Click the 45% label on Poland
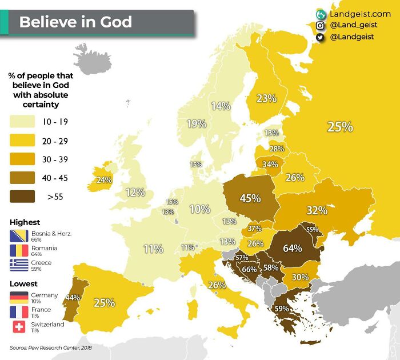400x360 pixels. point(250,198)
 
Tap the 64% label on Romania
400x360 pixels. point(292,249)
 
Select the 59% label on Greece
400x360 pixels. point(281,309)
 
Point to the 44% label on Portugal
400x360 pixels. point(72,297)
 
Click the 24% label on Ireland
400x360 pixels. point(103,179)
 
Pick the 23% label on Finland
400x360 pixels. point(266,98)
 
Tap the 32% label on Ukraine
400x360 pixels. point(317,210)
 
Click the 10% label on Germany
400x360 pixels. point(199,209)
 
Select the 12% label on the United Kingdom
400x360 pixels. point(135,193)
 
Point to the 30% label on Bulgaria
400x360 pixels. point(300,277)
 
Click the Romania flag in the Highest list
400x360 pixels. point(19,250)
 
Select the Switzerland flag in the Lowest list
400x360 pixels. point(19,327)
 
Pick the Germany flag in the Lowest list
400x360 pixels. point(19,297)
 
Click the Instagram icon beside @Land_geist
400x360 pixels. point(321,25)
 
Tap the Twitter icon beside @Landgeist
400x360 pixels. point(321,37)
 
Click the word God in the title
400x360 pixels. point(113,22)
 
